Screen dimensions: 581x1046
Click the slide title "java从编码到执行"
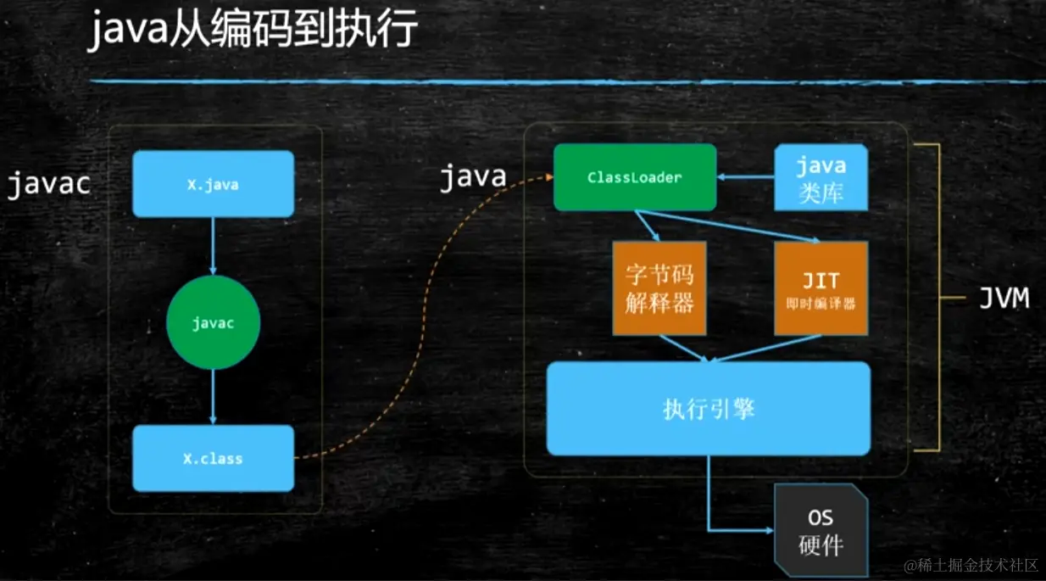tap(253, 31)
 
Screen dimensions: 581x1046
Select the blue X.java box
tap(214, 184)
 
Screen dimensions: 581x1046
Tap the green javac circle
tap(213, 323)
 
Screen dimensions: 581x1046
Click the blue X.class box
tap(214, 458)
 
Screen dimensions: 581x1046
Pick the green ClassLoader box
tap(634, 177)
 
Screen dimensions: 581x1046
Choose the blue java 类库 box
tap(821, 177)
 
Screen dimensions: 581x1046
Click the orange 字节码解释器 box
tap(659, 288)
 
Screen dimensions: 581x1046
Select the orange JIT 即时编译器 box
tap(821, 288)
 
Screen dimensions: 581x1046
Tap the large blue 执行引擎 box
tap(709, 409)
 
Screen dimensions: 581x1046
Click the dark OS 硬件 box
tap(821, 531)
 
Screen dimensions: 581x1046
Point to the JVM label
tap(1004, 298)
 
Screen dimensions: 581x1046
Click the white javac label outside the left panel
tap(48, 184)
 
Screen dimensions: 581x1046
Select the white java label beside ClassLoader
tap(472, 177)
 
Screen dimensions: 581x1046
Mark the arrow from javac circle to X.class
tap(214, 397)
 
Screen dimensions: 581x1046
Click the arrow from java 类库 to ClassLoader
tap(746, 177)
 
